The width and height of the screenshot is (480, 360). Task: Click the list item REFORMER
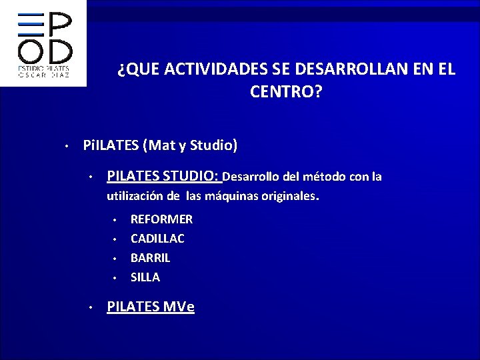pyautogui.click(x=161, y=219)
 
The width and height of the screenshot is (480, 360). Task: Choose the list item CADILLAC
pyautogui.click(x=157, y=238)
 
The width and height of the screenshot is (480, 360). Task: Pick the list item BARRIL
pyautogui.click(x=150, y=257)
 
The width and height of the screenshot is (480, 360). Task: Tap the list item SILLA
pyautogui.click(x=145, y=277)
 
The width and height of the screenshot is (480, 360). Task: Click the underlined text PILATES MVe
pyautogui.click(x=151, y=307)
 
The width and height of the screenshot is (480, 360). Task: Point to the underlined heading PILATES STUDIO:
pyautogui.click(x=163, y=177)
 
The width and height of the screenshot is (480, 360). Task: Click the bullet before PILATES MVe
pyautogui.click(x=90, y=308)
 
